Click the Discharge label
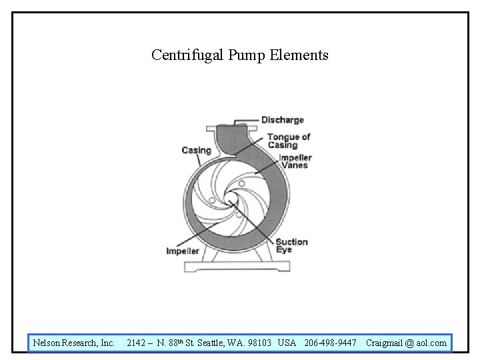click(282, 120)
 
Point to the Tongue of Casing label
click(289, 141)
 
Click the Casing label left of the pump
click(196, 150)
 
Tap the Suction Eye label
click(291, 245)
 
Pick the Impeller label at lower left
click(183, 251)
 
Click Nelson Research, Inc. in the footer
click(73, 343)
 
